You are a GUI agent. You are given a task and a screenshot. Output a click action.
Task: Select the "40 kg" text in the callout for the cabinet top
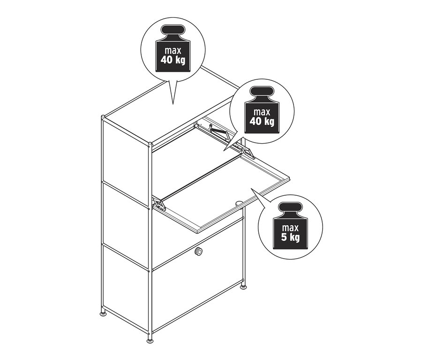173,61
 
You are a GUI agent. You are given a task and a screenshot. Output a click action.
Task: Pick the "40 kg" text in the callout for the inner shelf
263,122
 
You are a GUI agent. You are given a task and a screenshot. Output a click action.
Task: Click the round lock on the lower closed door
200,252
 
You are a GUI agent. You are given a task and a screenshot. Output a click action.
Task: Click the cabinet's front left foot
150,339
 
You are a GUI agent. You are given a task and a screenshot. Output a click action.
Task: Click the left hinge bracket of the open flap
159,204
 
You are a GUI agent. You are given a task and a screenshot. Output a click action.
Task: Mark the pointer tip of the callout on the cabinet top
173,104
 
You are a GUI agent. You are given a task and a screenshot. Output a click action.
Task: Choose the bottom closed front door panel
197,286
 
